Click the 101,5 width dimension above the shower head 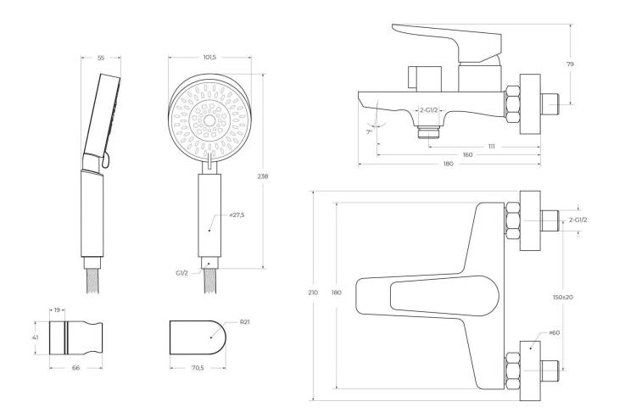(209, 57)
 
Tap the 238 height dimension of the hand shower (262, 176)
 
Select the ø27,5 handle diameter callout (237, 215)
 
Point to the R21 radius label (244, 322)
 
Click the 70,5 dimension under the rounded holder (198, 368)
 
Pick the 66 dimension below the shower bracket (75, 368)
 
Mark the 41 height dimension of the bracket (36, 337)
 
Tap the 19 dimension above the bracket (57, 310)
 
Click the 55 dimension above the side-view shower (101, 58)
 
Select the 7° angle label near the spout (369, 131)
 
